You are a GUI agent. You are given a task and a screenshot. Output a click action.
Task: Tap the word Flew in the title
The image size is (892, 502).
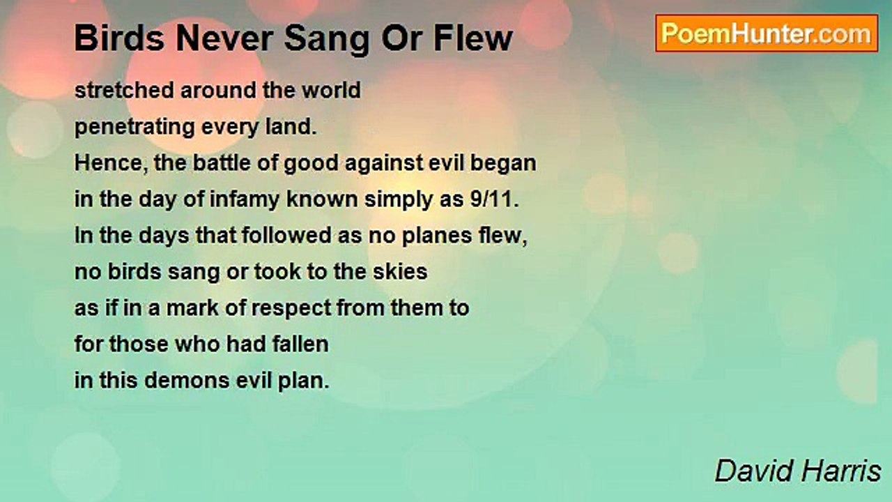coord(473,38)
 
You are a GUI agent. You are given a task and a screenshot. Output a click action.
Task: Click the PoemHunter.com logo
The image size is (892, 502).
coord(767,33)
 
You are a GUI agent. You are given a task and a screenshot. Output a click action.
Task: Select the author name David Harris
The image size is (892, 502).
coord(798,471)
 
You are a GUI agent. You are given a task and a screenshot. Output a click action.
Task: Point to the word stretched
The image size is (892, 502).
coord(124,90)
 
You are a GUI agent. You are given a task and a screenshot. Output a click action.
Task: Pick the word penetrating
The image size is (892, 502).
coord(134,128)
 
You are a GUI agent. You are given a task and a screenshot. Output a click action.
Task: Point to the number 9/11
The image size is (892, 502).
coord(494,199)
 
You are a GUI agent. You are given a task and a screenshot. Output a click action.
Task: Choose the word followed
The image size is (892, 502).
coord(286,236)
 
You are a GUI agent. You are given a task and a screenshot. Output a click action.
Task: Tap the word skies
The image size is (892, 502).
coord(400,272)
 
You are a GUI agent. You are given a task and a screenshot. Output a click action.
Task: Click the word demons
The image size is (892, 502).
coord(187,381)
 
